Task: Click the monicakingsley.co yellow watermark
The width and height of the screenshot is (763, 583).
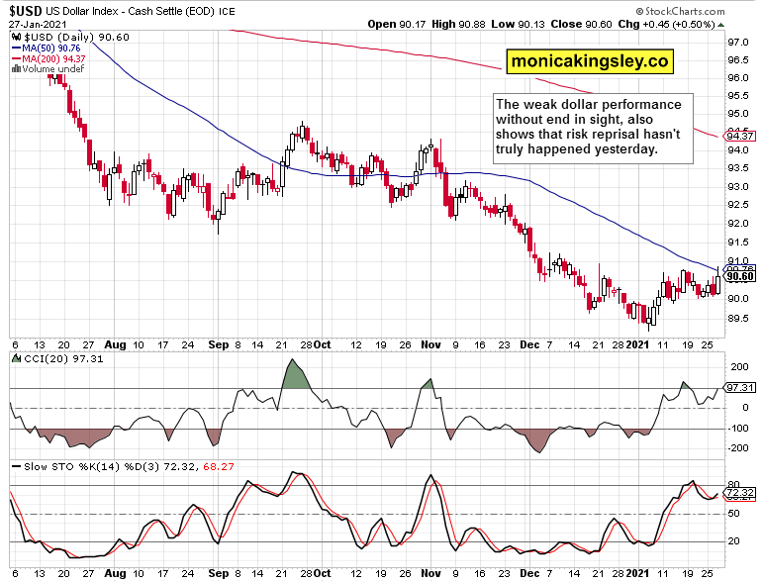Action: click(590, 62)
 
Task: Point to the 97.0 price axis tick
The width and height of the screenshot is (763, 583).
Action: click(737, 44)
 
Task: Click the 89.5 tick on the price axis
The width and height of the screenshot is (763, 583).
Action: click(737, 318)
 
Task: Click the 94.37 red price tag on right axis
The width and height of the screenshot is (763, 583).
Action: click(740, 137)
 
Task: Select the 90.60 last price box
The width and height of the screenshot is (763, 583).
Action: click(740, 277)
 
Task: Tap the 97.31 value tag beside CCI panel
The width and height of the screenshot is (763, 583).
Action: click(740, 388)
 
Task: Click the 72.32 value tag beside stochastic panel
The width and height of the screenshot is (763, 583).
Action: click(740, 492)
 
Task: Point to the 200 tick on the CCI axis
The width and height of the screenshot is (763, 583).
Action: click(736, 367)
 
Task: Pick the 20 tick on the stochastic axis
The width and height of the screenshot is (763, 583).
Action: click(733, 541)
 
